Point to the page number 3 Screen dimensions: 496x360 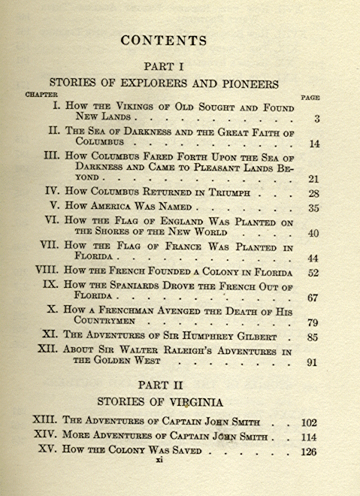pos(319,119)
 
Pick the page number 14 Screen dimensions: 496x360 pos(315,144)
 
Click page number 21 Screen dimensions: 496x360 pos(314,179)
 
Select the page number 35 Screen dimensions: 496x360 pos(314,208)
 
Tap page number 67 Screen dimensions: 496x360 pos(313,298)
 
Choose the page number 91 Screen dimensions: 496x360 pos(313,361)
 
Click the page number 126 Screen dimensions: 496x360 pos(309,452)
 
